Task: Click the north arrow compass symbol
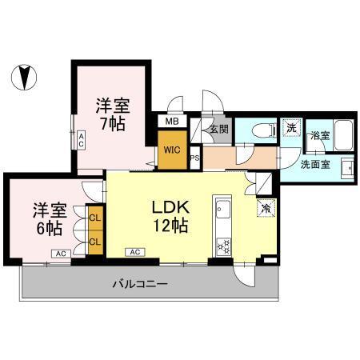pos(24,78)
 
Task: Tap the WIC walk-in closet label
pos(172,150)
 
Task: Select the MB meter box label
pos(172,122)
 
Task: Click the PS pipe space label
pos(195,158)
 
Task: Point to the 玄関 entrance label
pos(219,130)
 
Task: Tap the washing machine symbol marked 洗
pos(291,128)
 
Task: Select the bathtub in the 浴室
pos(343,135)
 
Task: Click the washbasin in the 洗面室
pos(348,168)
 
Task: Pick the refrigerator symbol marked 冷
pos(266,208)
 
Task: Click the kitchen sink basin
pos(223,209)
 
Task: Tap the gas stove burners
pos(223,246)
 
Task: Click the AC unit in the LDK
pos(135,252)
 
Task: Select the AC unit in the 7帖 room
pos(81,140)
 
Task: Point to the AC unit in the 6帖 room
pos(61,254)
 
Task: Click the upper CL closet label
pos(95,218)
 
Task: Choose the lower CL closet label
pos(95,242)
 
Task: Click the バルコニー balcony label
pos(140,284)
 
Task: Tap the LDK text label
pos(170,207)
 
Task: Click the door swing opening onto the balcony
pos(244,276)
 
